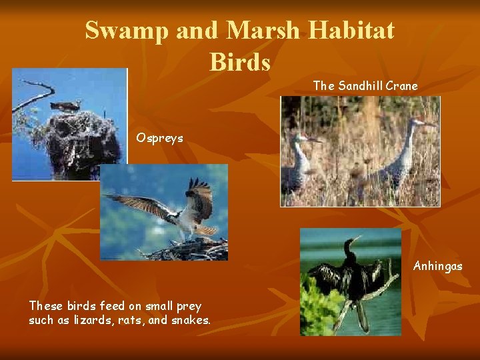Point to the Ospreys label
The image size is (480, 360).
(160, 138)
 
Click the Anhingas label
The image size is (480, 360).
(437, 266)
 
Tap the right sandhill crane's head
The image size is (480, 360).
(420, 123)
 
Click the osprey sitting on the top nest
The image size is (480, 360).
(65, 105)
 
